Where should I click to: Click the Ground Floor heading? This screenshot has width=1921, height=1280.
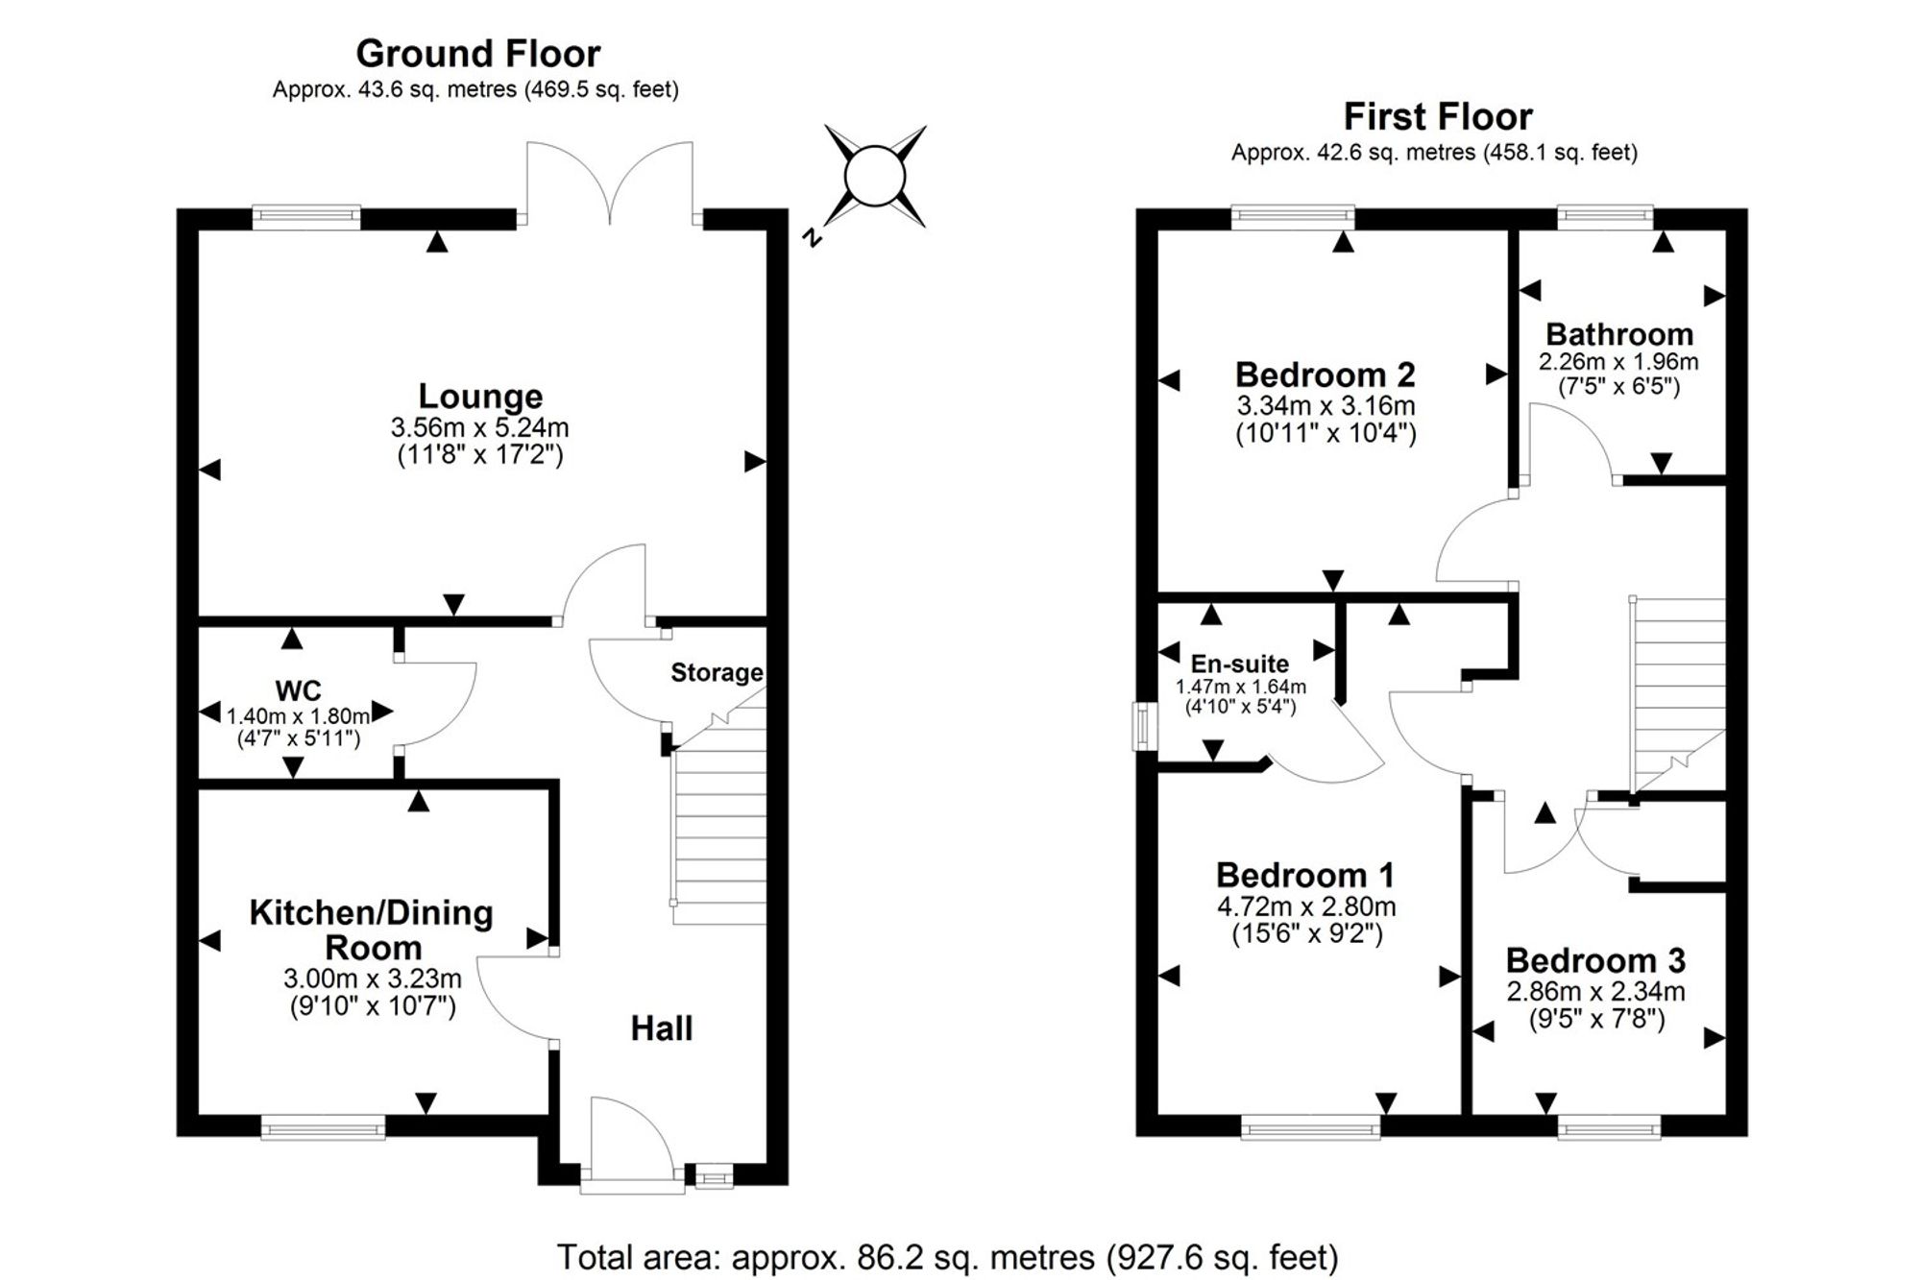coord(478,54)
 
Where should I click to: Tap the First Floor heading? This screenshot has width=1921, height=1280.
coord(1438,117)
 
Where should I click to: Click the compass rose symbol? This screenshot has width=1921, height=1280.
coord(875,177)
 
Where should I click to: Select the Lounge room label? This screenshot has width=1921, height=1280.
coord(480,396)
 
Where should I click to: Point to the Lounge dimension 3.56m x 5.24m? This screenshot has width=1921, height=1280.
coord(479,426)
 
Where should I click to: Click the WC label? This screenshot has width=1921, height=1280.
coord(298,690)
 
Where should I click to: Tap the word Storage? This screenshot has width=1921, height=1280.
coord(717,673)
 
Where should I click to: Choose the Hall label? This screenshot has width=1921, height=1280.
coord(662,1028)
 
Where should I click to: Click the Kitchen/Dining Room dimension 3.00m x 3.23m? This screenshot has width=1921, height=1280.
coord(373,978)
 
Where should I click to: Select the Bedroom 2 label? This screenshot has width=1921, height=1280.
coord(1325,374)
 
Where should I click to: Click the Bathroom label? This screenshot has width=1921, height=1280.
coord(1619,334)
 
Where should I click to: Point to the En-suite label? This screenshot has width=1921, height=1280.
coord(1240,664)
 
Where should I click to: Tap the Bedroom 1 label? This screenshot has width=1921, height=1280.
coord(1305,875)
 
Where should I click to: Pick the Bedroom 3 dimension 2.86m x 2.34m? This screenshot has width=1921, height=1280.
coord(1595,991)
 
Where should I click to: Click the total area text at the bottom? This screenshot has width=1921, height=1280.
coord(947,1257)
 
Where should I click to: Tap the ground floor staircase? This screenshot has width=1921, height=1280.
coord(719,816)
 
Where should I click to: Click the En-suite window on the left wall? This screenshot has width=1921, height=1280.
coord(1143,726)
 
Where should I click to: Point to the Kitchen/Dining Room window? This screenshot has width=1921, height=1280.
coord(324,1126)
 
